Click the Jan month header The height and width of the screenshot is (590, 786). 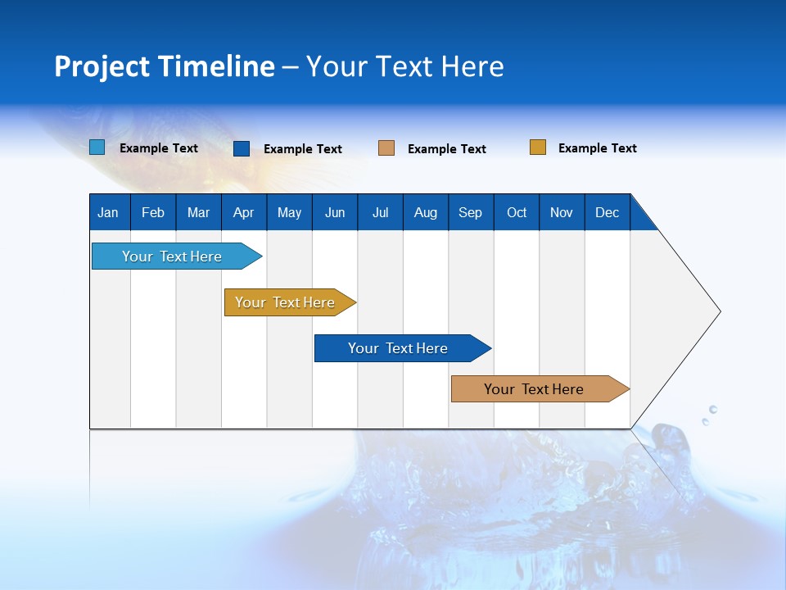point(108,212)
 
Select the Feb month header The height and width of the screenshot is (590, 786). point(153,212)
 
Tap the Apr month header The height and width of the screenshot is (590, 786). point(243,212)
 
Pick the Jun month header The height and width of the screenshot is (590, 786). point(335,212)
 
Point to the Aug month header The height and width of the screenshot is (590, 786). point(426,212)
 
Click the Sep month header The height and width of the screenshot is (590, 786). point(471,212)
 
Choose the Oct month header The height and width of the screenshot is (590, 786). point(517,212)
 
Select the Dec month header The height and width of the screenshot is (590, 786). point(608,212)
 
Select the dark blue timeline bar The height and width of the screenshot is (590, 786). point(399,348)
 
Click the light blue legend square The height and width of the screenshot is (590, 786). point(97,147)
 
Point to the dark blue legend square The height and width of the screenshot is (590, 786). point(242,148)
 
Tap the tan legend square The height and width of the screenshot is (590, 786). point(386,148)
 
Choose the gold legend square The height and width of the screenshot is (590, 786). point(538,147)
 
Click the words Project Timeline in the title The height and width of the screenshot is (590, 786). point(165,66)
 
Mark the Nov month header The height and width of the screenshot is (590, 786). point(562,212)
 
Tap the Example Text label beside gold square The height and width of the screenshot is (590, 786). point(597,148)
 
